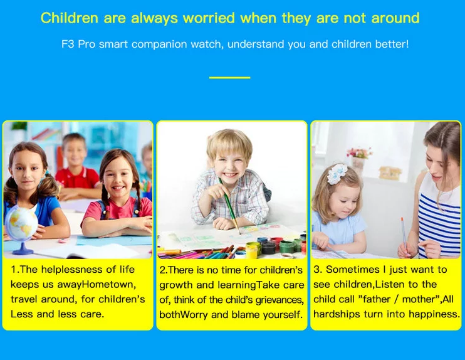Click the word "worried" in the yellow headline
[209, 18]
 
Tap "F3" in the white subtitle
[68, 45]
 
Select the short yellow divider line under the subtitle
[229, 78]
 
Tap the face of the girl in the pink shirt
[118, 176]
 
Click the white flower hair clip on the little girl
[337, 174]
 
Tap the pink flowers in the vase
[360, 152]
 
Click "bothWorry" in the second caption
[183, 315]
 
